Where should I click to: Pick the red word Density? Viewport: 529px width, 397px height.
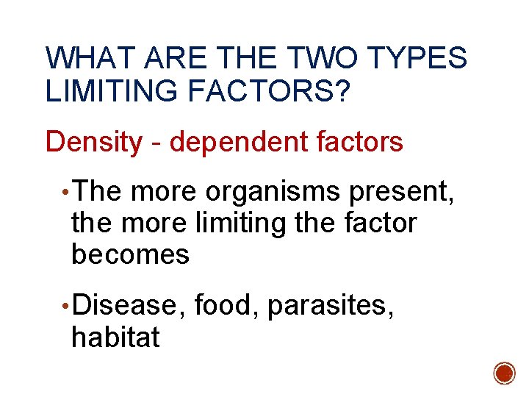93,142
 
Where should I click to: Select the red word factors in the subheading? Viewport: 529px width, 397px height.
361,142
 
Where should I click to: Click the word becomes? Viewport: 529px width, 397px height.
130,254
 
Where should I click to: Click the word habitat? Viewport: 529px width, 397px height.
115,337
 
